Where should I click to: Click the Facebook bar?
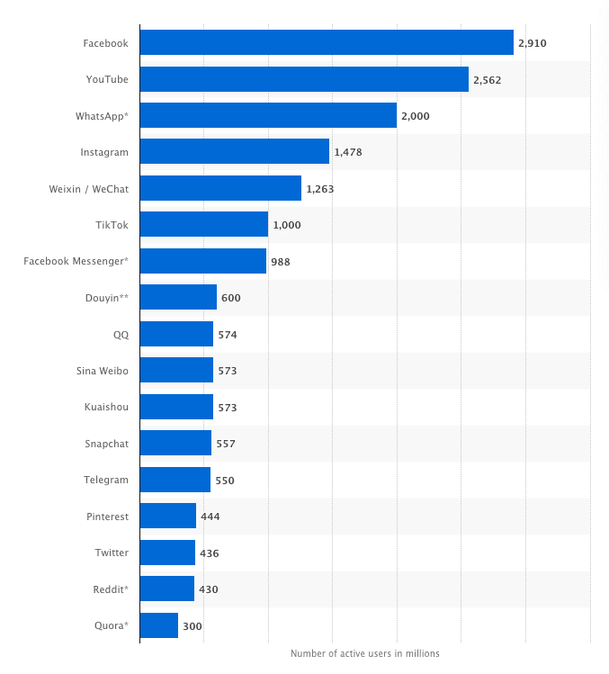point(327,42)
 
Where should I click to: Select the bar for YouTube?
point(304,79)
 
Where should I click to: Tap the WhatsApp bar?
point(268,115)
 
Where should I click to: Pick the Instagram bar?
point(235,152)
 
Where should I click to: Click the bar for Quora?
point(159,625)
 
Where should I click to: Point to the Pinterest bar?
point(168,517)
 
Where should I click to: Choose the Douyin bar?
point(178,298)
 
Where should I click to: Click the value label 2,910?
point(533,43)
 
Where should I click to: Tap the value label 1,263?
point(320,189)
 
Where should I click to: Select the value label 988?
point(281,262)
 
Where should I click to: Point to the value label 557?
point(226,444)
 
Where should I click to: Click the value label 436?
point(209,553)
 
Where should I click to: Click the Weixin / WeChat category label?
point(88,189)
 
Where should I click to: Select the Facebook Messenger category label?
point(76,261)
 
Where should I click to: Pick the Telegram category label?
point(106,480)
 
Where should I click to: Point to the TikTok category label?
point(112,225)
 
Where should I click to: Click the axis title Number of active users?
point(365,653)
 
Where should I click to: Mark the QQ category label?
point(121,334)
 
